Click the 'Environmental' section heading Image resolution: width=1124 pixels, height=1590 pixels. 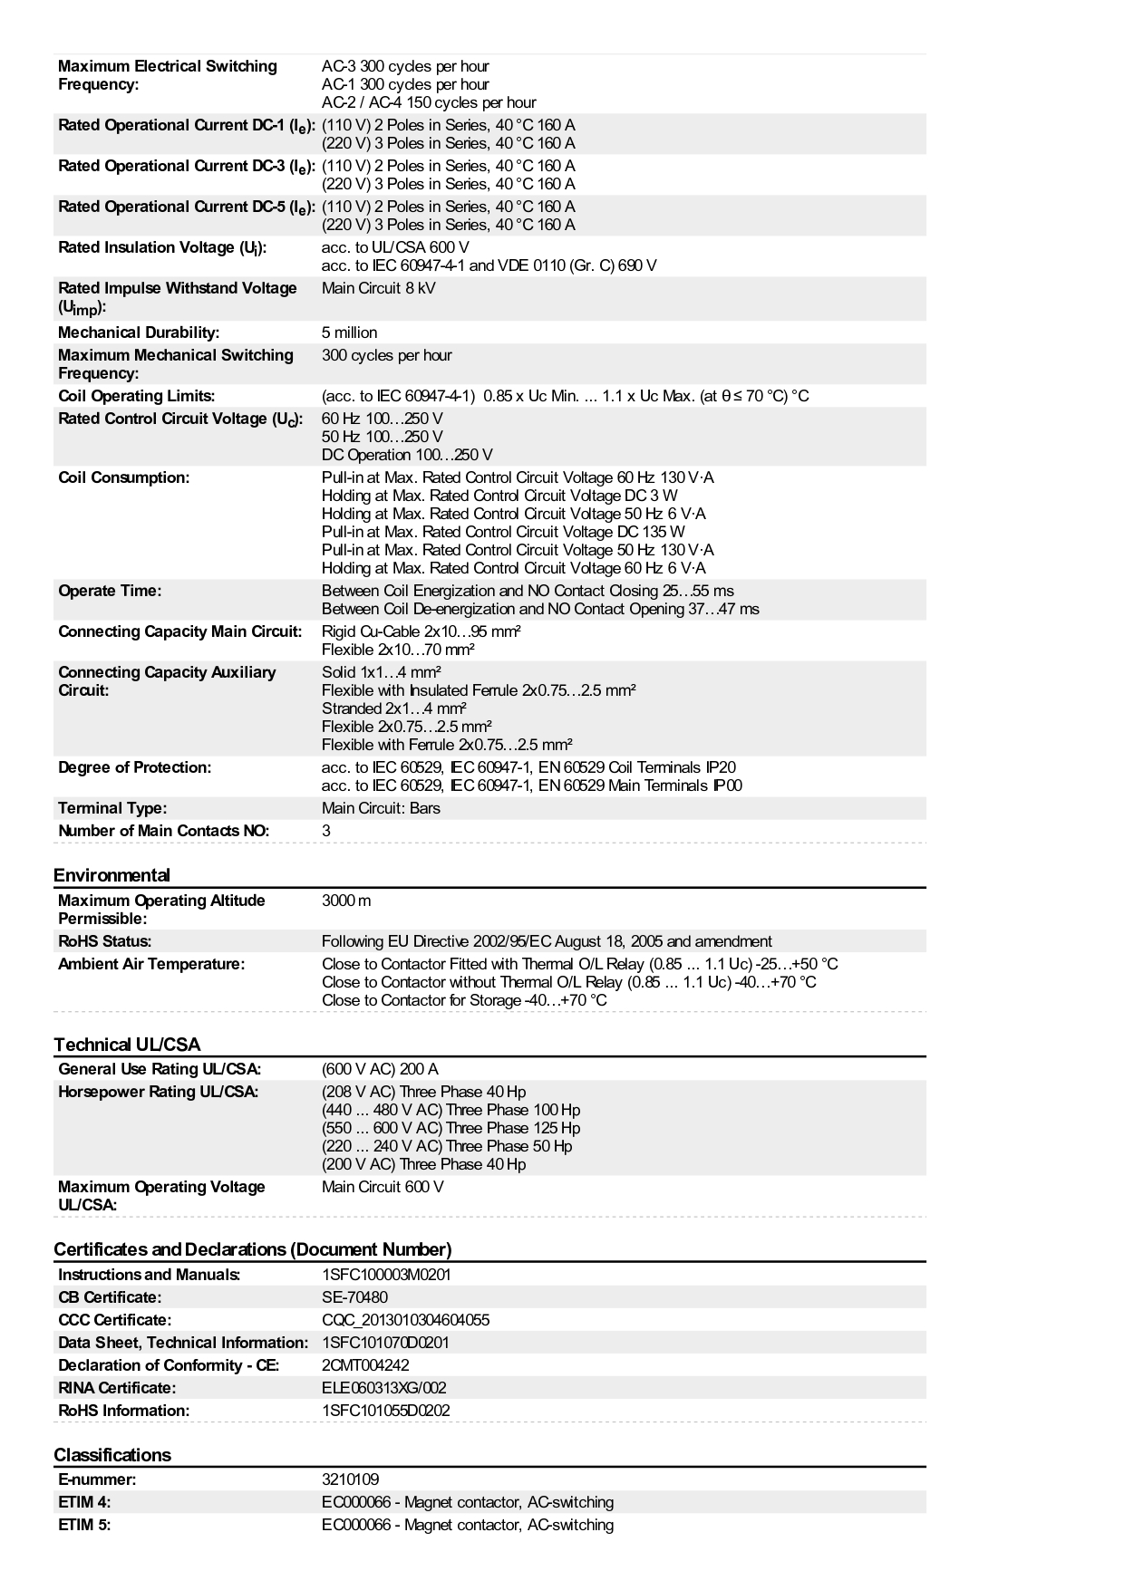pyautogui.click(x=111, y=875)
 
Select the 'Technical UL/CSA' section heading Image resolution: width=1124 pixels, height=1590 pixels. pyautogui.click(x=127, y=1045)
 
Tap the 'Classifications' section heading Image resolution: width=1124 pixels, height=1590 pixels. pyautogui.click(x=112, y=1455)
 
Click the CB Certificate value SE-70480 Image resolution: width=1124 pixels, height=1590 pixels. pyautogui.click(x=354, y=1297)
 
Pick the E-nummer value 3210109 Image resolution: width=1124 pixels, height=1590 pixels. pyautogui.click(x=350, y=1479)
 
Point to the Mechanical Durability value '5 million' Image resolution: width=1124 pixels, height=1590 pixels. pyautogui.click(x=349, y=332)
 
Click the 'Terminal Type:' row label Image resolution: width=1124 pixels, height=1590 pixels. pyautogui.click(x=112, y=808)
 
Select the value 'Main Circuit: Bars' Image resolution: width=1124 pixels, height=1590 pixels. pyautogui.click(x=381, y=808)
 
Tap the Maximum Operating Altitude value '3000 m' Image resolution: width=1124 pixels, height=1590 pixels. pyautogui.click(x=346, y=901)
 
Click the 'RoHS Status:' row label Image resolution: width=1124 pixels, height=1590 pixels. pyautogui.click(x=104, y=941)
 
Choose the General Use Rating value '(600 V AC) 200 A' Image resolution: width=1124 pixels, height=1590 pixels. pyautogui.click(x=380, y=1069)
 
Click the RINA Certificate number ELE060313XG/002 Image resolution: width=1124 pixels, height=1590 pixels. pyautogui.click(x=383, y=1388)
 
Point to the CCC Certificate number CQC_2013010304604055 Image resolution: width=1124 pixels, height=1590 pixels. pyautogui.click(x=405, y=1320)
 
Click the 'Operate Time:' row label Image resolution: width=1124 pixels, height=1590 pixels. pyautogui.click(x=110, y=591)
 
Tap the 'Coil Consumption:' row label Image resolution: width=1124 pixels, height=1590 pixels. pyautogui.click(x=123, y=477)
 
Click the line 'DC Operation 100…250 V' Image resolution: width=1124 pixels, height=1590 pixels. pyautogui.click(x=407, y=455)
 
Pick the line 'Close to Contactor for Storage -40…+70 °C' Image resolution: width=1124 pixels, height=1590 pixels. pyautogui.click(x=464, y=1000)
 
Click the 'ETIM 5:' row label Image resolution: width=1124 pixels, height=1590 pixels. pyautogui.click(x=84, y=1525)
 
